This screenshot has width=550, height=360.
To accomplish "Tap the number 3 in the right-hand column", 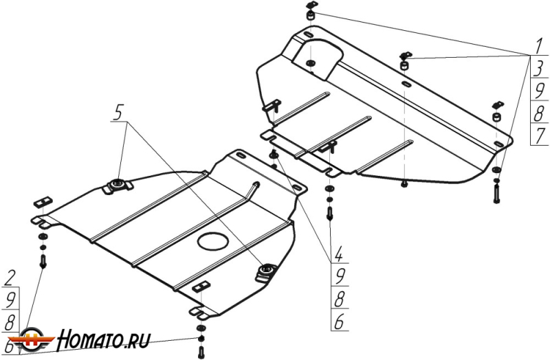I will tap(539, 69).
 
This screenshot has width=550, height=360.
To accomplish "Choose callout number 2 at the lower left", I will tap(10, 278).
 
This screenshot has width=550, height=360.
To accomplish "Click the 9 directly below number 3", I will tap(539, 90).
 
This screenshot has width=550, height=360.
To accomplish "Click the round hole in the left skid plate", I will tap(212, 240).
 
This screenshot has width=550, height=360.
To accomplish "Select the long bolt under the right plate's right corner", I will tap(496, 192).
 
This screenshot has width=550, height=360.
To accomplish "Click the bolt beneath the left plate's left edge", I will tap(44, 261).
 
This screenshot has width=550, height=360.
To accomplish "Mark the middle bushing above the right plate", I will tap(404, 64).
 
